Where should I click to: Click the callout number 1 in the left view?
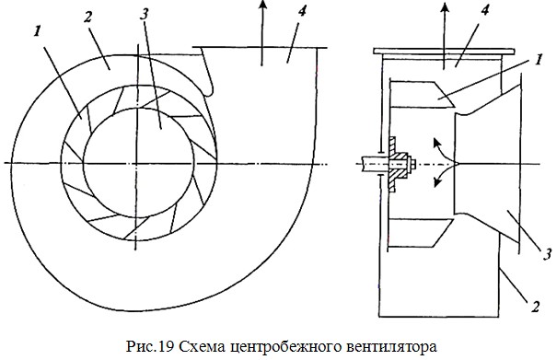38,31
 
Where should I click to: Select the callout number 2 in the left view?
87,17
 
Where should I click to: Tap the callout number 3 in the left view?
144,14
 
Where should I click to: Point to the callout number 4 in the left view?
301,11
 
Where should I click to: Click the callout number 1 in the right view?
539,59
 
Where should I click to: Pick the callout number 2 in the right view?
535,307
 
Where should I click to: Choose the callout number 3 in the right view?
547,254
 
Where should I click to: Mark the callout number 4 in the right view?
484,10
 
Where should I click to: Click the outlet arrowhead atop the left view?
262,5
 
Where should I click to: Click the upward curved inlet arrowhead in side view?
436,143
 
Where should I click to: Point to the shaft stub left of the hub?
372,165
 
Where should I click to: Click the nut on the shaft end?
412,165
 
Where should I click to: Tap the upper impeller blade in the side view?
422,94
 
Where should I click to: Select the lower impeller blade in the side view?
421,233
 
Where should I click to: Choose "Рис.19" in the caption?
150,346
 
